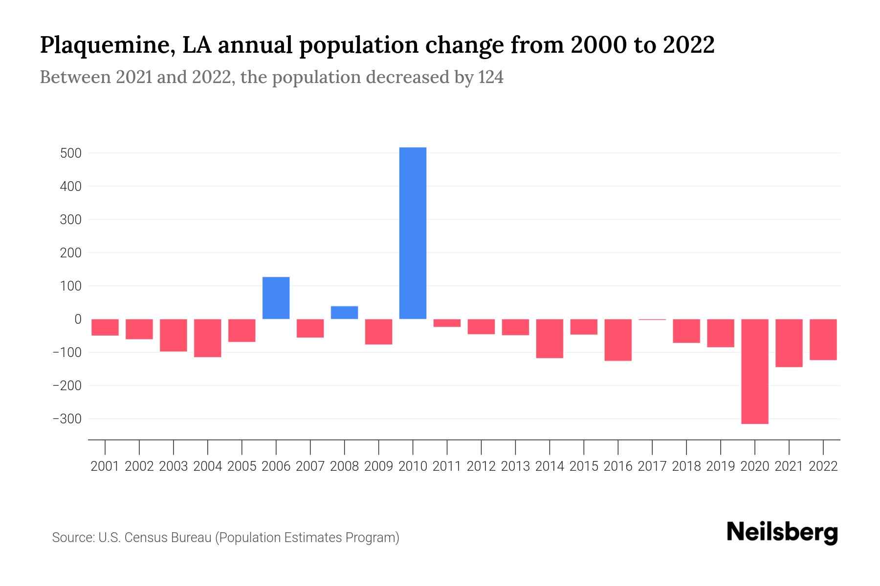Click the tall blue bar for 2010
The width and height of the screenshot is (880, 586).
pos(413,233)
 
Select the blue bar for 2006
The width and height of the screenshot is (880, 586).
pos(276,298)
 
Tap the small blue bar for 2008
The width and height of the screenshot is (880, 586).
pos(344,313)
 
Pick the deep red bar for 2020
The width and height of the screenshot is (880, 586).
pos(754,371)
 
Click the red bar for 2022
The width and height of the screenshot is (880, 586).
pos(823,339)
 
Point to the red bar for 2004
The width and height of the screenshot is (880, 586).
pos(207,338)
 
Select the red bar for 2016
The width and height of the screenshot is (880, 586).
pos(618,340)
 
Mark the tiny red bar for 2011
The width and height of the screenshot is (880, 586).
pos(447,323)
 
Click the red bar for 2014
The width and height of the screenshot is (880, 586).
pos(550,338)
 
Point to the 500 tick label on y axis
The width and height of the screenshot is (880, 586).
pos(71,153)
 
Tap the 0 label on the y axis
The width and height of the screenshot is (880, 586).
pos(78,319)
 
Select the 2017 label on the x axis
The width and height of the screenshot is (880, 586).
pos(652,466)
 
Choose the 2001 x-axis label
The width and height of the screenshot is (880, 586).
pos(105,466)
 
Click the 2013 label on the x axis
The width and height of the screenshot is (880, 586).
pos(515,466)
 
